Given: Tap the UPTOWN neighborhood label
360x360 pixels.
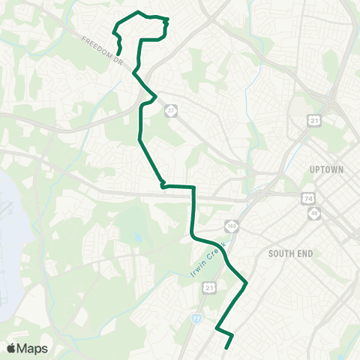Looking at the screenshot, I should (x=326, y=170).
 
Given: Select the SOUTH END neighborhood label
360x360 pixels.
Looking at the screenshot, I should (x=289, y=253).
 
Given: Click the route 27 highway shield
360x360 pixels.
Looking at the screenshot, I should (x=172, y=110).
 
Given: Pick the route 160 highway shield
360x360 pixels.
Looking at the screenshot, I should (x=232, y=225).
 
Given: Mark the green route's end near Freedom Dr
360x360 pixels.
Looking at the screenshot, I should (x=120, y=52).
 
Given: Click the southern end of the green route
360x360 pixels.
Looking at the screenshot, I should (x=226, y=348).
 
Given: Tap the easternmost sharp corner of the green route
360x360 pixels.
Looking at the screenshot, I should (x=247, y=283).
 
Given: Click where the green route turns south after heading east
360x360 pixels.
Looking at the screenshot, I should (x=193, y=187).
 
